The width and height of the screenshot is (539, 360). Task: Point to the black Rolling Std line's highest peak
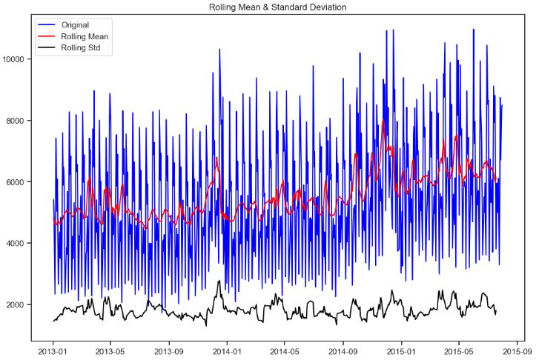(x=219, y=281)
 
